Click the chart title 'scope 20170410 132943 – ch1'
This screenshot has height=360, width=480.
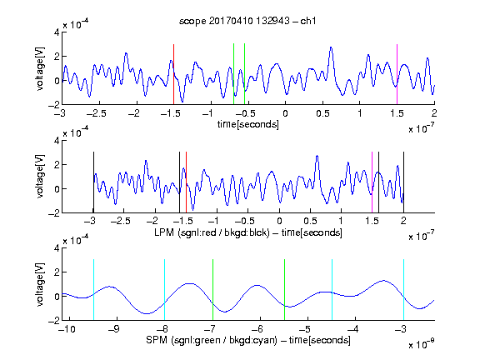tap(247, 21)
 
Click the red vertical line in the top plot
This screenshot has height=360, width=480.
tap(173, 74)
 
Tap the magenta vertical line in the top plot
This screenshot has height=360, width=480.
tap(397, 74)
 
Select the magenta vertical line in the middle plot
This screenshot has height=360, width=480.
tap(372, 182)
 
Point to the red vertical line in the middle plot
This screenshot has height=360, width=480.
tap(186, 182)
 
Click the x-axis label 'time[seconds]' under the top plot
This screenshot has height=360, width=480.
tap(248, 124)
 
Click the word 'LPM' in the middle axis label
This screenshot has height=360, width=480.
tap(164, 232)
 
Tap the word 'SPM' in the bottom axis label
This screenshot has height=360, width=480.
tap(157, 340)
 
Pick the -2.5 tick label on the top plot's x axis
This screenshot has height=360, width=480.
tap(97, 113)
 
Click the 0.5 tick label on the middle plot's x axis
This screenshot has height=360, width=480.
tap(310, 221)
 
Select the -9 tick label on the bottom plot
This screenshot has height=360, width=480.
tap(114, 329)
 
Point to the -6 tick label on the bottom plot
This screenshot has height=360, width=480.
tap(257, 329)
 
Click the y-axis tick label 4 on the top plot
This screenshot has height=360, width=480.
tap(57, 32)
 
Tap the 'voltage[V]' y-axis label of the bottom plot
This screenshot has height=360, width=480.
tap(40, 284)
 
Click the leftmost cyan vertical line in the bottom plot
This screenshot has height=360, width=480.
tap(93, 290)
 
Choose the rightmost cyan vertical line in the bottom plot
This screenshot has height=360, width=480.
tap(403, 290)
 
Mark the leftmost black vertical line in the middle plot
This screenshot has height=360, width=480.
tap(93, 182)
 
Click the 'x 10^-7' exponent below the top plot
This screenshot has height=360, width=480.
tap(422, 128)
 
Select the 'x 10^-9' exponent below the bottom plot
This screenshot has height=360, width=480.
tap(422, 344)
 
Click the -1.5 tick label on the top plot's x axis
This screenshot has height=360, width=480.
tap(171, 113)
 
